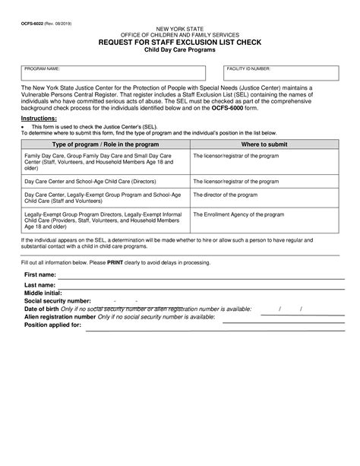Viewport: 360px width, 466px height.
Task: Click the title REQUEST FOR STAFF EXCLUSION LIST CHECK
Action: (179, 43)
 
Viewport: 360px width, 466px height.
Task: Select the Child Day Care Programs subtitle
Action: (179, 50)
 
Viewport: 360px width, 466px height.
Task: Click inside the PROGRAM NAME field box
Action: (113, 74)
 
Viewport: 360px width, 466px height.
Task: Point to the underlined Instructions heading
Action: (39, 119)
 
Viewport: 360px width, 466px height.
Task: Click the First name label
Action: (40, 274)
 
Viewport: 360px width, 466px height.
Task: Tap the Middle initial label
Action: (43, 293)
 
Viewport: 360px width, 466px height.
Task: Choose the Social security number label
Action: (58, 301)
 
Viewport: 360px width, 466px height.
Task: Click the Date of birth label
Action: (42, 309)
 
